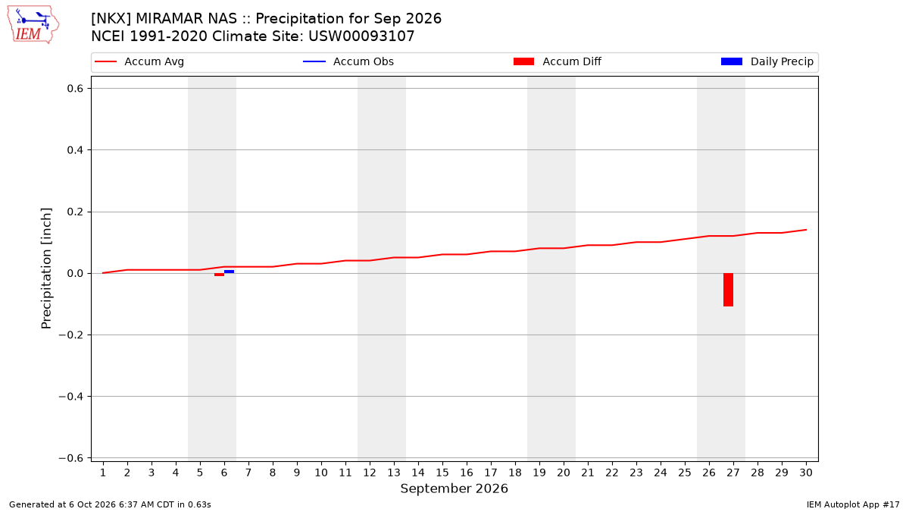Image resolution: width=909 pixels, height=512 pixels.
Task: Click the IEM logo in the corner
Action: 33,25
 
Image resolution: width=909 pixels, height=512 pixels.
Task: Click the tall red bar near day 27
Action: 729,290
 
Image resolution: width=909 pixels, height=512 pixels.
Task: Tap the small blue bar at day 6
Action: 230,272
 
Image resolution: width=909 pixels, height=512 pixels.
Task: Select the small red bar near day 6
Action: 219,275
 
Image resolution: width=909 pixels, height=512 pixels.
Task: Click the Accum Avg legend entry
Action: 139,61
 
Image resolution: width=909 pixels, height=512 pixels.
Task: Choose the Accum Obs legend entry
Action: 348,61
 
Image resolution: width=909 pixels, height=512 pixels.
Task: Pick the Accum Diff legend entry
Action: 558,61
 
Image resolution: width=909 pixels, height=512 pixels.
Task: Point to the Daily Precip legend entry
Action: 767,61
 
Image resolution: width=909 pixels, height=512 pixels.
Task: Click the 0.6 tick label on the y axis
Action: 75,89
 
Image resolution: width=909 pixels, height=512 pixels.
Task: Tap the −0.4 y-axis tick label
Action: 71,397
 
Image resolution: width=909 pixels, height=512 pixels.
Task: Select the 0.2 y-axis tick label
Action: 75,212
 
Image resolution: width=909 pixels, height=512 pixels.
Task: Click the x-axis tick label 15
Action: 442,473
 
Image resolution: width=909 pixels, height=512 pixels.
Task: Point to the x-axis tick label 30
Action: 806,473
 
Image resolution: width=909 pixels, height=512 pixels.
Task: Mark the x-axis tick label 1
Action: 103,473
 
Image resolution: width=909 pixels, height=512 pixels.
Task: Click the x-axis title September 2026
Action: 454,488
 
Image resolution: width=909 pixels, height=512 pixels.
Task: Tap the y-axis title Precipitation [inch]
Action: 46,269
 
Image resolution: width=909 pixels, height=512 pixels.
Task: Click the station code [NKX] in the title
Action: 111,19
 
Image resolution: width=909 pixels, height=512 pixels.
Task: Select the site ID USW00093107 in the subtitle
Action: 361,36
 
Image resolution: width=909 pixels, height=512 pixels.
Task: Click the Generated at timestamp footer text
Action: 110,504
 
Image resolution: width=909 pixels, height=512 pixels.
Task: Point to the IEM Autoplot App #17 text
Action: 853,504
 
